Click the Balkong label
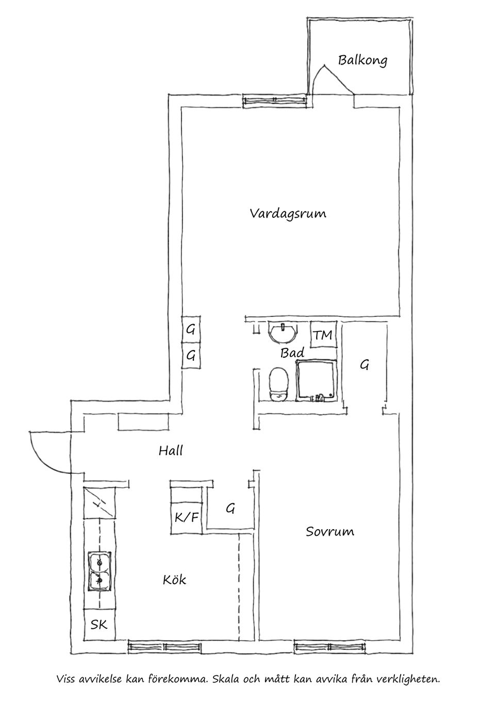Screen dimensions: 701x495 (362, 60)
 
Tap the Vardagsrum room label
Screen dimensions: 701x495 (288, 213)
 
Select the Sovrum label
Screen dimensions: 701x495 (330, 531)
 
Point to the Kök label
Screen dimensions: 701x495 (174, 580)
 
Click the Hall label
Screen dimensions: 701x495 (171, 451)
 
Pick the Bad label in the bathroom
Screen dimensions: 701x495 (292, 353)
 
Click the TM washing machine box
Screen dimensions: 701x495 (323, 335)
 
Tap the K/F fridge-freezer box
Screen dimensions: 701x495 (186, 517)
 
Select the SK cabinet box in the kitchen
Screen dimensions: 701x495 (99, 625)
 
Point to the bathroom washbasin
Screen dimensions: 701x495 (283, 332)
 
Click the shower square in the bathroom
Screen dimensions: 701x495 (316, 381)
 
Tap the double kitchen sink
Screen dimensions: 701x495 (98, 571)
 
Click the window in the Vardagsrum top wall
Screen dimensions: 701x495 (273, 100)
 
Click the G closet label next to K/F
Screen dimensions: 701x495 (230, 508)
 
